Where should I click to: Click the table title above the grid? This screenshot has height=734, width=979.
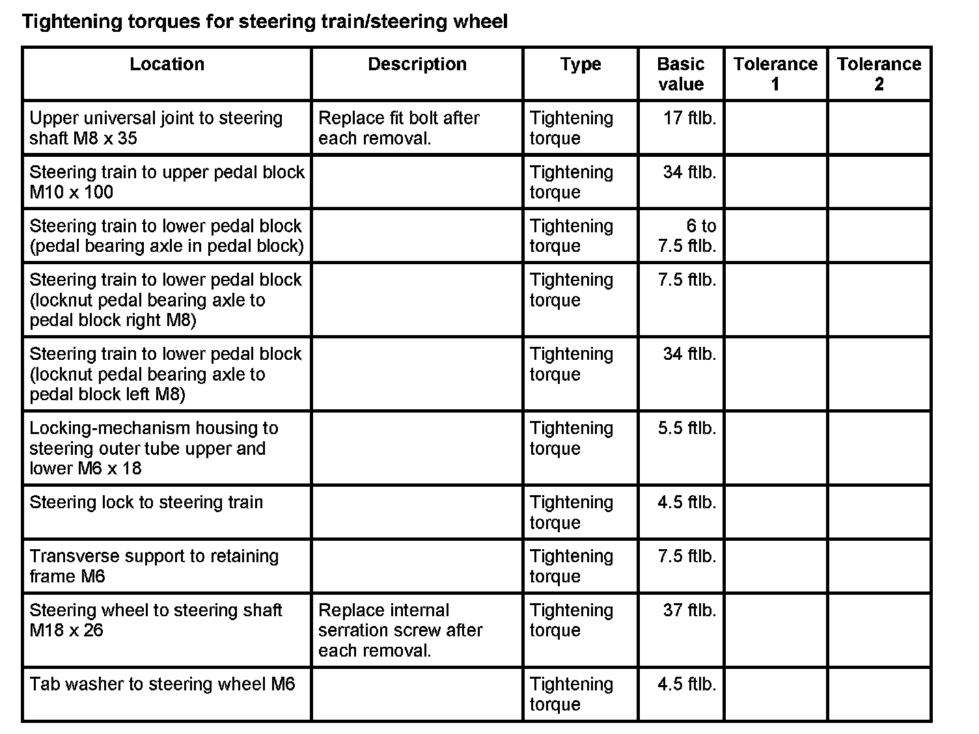(x=265, y=22)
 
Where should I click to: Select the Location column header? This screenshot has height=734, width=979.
(x=167, y=64)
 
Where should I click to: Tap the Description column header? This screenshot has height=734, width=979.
(x=417, y=64)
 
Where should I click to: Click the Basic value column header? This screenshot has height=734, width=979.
(x=681, y=74)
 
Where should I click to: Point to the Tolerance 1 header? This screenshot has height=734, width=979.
(x=775, y=74)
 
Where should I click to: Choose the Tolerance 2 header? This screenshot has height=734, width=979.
(x=879, y=74)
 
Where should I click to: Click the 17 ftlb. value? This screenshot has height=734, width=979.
(x=689, y=118)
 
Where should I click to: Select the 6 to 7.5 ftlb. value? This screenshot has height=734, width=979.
(x=687, y=236)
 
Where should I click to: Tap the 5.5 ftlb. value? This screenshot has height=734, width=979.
(x=687, y=428)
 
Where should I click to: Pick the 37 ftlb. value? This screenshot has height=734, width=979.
(x=689, y=610)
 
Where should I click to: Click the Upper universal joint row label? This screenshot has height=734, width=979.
(x=156, y=128)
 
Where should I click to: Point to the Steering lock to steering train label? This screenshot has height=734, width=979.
(x=146, y=502)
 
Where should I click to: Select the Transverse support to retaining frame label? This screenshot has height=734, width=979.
(x=154, y=566)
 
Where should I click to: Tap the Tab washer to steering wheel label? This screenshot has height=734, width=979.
(x=162, y=685)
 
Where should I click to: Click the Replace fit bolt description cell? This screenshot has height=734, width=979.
(x=398, y=128)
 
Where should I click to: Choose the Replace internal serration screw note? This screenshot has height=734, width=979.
(x=400, y=630)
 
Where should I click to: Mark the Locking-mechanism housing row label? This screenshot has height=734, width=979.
(x=154, y=448)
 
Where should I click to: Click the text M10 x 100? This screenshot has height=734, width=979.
(x=72, y=193)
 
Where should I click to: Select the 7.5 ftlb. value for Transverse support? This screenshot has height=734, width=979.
(x=687, y=556)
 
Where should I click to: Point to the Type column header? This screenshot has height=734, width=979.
(x=581, y=64)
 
